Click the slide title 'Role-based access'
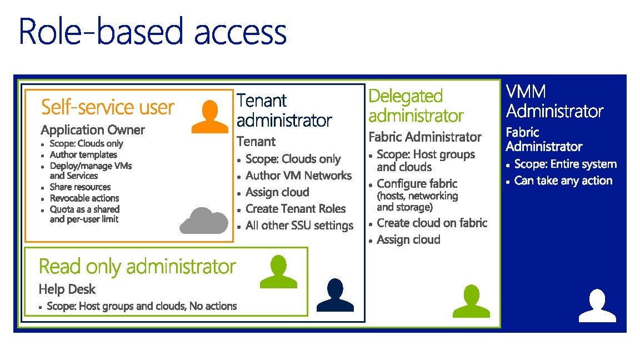pos(153,32)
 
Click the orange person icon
pos(209,117)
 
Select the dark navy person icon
pos(335,296)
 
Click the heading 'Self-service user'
pos(108,107)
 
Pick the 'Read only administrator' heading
pos(137,267)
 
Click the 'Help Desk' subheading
pos(67,289)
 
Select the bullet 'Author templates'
pos(83,154)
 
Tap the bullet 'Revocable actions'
pos(84,198)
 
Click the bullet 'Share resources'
pos(80,187)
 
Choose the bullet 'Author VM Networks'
pos(298,176)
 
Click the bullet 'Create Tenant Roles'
pos(296,209)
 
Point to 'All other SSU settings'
pos(299,226)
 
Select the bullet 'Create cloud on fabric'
pos(432,223)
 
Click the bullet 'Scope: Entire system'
pos(566,164)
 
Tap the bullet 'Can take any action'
pos(563,181)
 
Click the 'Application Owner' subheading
pos(93,130)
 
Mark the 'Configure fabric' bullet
pos(417,184)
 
